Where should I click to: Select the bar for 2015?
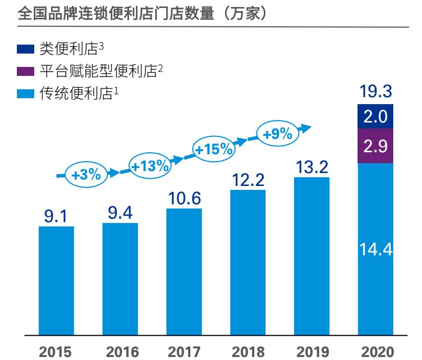(x=56, y=280)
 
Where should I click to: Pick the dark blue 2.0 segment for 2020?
(x=375, y=117)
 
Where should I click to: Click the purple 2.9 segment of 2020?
(x=375, y=146)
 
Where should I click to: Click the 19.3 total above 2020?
(x=375, y=93)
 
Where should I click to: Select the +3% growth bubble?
(x=86, y=175)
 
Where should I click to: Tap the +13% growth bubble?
(x=149, y=166)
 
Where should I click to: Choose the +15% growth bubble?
(x=213, y=149)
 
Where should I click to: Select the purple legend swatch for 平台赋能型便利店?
(x=25, y=71)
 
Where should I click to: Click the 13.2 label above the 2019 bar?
(x=311, y=168)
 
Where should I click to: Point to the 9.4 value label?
(x=120, y=214)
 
